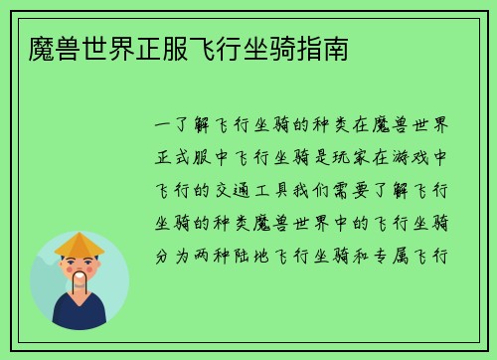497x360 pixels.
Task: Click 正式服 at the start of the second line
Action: (185, 157)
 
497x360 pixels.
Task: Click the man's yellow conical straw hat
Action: (80, 243)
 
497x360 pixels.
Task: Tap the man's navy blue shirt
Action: (80, 316)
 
